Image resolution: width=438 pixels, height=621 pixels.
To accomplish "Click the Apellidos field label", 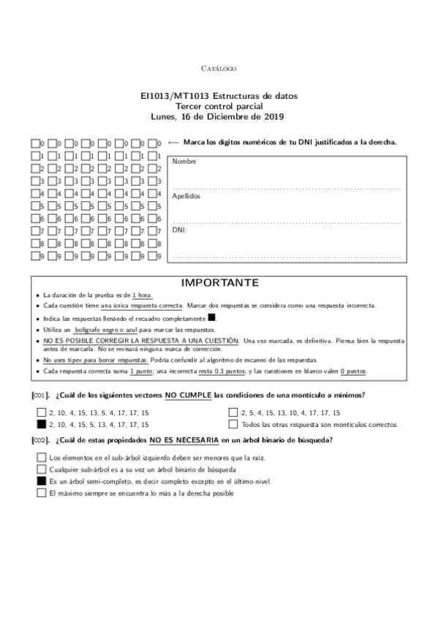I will [x=187, y=196].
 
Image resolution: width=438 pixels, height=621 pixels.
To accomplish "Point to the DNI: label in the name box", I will [x=179, y=230].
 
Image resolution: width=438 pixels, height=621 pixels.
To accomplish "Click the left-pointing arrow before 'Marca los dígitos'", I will [x=173, y=143].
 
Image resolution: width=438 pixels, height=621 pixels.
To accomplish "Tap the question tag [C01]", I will [x=41, y=395].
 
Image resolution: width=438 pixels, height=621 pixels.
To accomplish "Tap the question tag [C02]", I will [x=41, y=440].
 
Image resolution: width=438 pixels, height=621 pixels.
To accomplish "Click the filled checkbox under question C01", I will [x=41, y=424].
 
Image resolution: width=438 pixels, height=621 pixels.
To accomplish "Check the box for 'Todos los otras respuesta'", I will [x=233, y=424].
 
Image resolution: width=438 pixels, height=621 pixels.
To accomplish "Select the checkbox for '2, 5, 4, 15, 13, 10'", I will [x=233, y=412].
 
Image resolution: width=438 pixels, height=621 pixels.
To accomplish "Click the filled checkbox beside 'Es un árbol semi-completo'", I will [x=41, y=481].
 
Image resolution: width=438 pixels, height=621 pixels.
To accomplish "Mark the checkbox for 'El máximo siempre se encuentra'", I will [x=41, y=493].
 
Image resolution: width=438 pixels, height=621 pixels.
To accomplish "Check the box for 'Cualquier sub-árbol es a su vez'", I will [x=41, y=469].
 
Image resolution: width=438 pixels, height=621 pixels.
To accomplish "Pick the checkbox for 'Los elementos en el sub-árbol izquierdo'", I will [x=41, y=458].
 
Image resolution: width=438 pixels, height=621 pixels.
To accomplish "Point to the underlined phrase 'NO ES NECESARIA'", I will [x=183, y=440].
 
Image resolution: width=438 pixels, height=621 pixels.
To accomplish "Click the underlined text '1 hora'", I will [x=142, y=294].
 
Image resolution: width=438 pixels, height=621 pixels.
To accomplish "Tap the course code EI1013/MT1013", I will [x=181, y=96].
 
